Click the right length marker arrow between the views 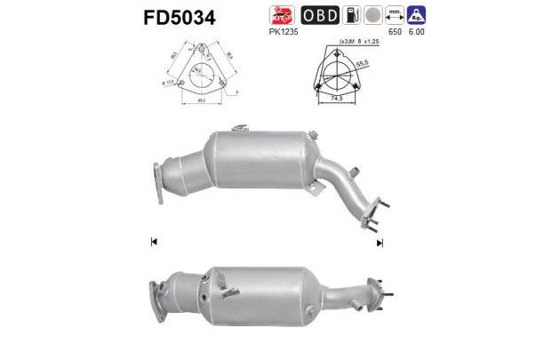[380, 242]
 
